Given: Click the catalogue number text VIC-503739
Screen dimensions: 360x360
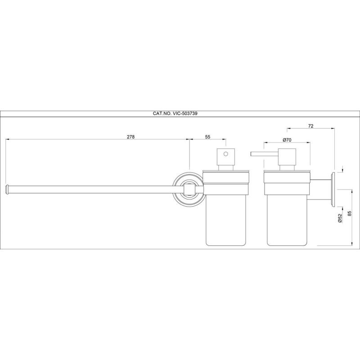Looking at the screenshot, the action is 184,113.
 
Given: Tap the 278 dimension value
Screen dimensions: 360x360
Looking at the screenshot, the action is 130,137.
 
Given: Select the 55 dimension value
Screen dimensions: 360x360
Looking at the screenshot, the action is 207,137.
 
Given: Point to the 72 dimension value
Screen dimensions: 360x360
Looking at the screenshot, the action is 310,126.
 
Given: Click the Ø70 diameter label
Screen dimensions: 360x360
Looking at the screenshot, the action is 287,140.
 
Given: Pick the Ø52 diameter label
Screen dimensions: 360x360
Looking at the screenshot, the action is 340,218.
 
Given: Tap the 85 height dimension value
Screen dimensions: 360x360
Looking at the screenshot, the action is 350,214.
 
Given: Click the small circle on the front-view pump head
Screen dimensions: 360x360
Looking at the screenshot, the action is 226,154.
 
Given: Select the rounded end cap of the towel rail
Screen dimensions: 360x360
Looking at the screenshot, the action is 7,189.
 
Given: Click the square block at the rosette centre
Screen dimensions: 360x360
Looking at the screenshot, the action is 189,189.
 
